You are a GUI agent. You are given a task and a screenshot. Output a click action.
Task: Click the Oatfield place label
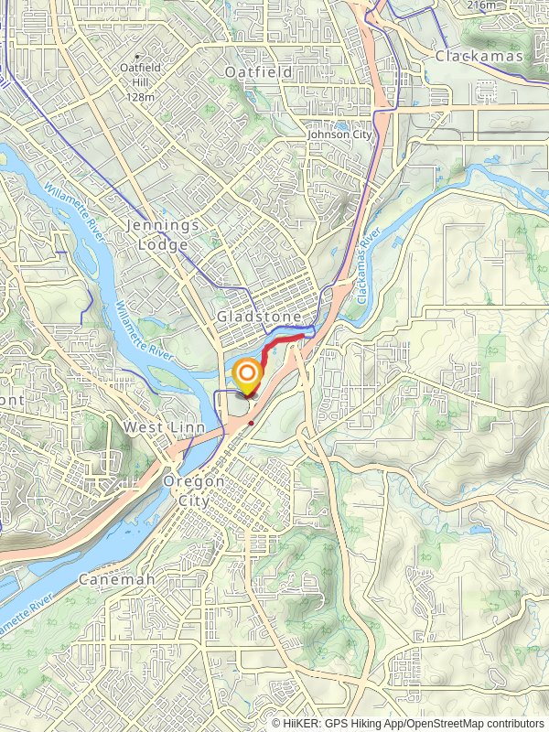pos(260,72)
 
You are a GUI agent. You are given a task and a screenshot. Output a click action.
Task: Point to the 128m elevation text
pos(139,97)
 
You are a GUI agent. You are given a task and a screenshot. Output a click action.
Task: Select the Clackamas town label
pos(479,57)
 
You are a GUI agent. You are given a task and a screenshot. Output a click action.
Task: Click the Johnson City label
pos(340,135)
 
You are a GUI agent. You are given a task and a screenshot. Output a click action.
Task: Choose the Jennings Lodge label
pos(158,235)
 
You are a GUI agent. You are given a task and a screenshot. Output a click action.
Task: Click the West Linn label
pos(157,427)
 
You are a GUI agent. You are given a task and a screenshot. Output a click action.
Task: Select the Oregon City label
pos(194,490)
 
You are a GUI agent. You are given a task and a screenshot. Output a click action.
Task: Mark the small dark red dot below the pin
pos(251,423)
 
